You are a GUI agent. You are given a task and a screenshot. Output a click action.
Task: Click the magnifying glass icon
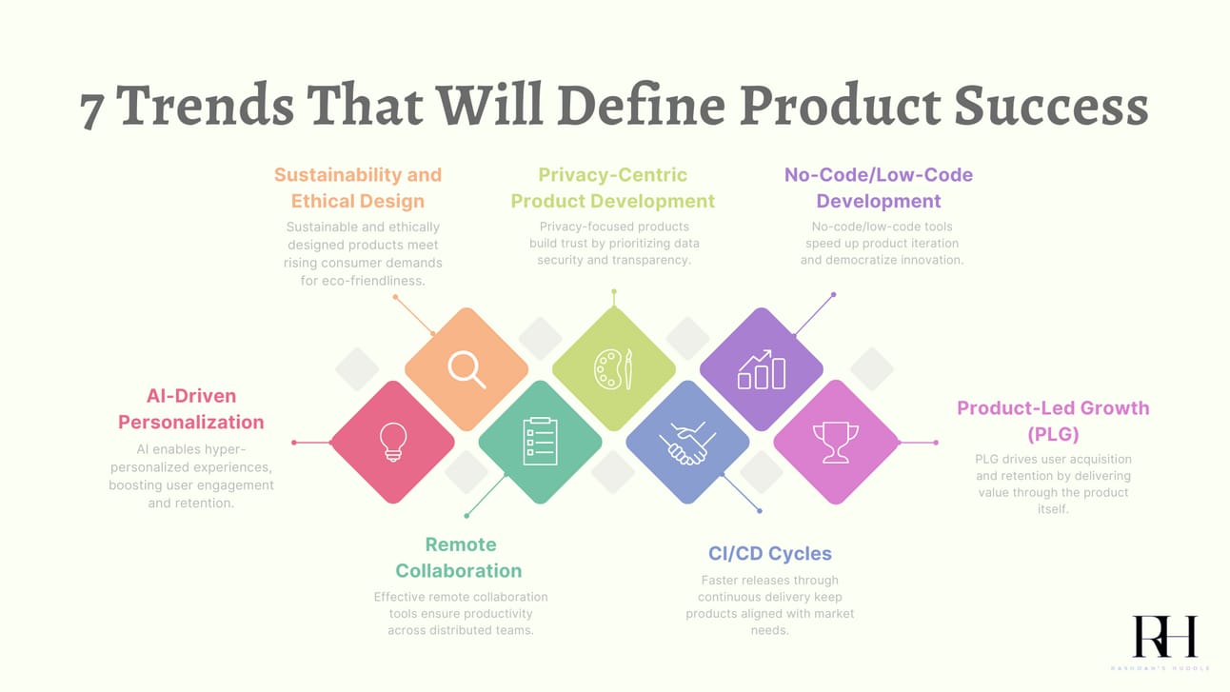point(466,369)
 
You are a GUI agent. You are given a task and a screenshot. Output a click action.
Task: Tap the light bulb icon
point(393,442)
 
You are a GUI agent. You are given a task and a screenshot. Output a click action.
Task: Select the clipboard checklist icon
point(541,442)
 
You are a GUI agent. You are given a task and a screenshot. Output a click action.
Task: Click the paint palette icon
point(613,369)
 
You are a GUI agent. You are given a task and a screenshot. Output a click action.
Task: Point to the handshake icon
point(687,443)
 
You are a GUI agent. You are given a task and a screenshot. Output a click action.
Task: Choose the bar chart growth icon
point(762,369)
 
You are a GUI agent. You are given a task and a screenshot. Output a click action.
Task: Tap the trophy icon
point(836,443)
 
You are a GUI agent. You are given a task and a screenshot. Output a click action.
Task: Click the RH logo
point(1164,637)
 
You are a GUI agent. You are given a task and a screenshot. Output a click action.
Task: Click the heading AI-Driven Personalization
point(191,408)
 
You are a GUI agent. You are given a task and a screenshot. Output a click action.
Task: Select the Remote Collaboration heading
point(459,558)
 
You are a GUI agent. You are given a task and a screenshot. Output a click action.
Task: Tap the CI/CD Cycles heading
point(770,553)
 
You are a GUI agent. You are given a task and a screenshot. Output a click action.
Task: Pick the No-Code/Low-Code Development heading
point(879,188)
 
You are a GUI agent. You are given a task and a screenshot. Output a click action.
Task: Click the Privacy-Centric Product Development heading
point(613,188)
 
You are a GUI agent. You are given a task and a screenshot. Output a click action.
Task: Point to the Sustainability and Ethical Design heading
point(358,188)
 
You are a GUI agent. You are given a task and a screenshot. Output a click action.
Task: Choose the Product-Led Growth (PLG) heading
point(1053,421)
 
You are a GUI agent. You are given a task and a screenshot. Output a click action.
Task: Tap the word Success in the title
point(1051,105)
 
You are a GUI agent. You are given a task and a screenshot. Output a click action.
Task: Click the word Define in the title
point(641,105)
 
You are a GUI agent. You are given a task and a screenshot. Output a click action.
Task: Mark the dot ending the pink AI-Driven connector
point(294,442)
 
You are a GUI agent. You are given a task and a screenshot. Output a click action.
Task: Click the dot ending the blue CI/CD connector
point(760,511)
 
